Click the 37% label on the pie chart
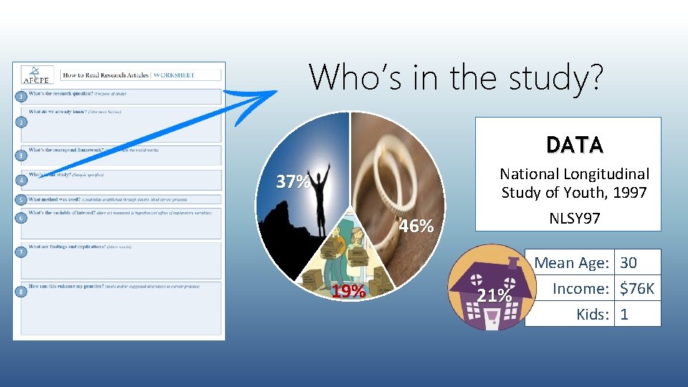tap(293, 182)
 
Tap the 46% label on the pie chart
tap(416, 226)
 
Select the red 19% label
tap(349, 292)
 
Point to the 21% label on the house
tap(494, 295)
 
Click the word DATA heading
tap(574, 145)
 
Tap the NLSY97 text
tap(574, 218)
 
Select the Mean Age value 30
tap(629, 263)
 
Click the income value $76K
tap(637, 289)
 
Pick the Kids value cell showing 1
tap(624, 314)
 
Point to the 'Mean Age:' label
tap(571, 263)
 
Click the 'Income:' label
tap(580, 289)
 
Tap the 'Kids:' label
tap(593, 314)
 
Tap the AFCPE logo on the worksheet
tap(32, 75)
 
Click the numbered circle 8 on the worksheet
tap(22, 292)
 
